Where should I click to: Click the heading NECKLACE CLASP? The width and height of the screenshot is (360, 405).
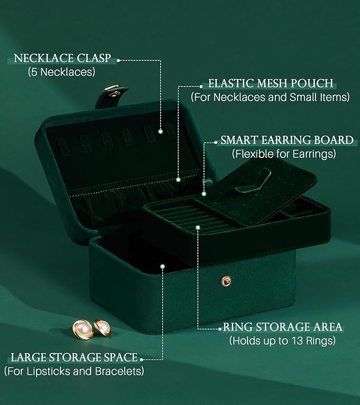(63, 58)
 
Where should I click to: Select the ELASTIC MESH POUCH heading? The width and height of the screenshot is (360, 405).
(270, 84)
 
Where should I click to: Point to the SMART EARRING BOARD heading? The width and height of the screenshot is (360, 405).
(287, 140)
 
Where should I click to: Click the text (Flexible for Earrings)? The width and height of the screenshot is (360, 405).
(284, 154)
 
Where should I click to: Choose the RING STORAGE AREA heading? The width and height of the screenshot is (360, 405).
(282, 327)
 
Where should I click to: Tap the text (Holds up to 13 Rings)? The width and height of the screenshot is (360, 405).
(283, 340)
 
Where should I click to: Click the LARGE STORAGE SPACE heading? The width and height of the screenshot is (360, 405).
(74, 357)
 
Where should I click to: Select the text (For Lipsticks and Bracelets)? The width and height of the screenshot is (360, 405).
(74, 371)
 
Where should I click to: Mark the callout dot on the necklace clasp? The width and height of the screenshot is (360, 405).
(161, 131)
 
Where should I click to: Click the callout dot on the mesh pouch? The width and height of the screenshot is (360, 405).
(179, 179)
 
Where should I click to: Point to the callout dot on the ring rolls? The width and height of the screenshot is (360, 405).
(197, 227)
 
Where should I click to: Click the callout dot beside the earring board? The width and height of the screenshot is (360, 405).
(204, 194)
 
